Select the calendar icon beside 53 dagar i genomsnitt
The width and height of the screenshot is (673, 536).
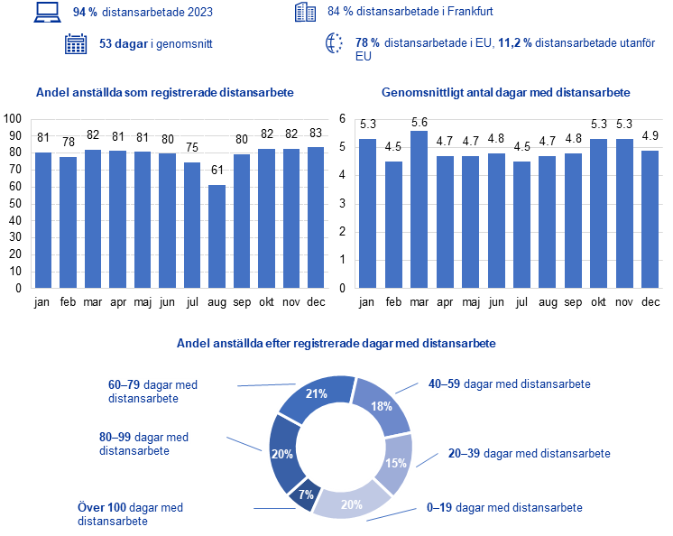pyautogui.click(x=76, y=44)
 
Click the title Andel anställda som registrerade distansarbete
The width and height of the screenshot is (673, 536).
pyautogui.click(x=164, y=92)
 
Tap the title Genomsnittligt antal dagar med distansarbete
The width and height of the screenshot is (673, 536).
pyautogui.click(x=505, y=92)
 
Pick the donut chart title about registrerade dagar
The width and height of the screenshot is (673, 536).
pyautogui.click(x=336, y=344)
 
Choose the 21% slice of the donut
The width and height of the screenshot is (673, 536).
pyautogui.click(x=316, y=393)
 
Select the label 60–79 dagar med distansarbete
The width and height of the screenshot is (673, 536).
pyautogui.click(x=152, y=392)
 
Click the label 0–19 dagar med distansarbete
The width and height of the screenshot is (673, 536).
pyautogui.click(x=504, y=508)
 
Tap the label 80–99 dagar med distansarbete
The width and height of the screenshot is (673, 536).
pyautogui.click(x=143, y=443)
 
